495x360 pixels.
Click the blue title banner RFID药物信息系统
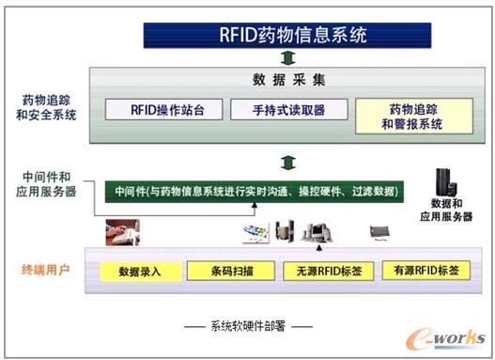point(286,36)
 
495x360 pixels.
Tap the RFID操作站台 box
point(163,110)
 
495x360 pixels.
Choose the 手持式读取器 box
point(290,110)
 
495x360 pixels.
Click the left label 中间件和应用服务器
point(47,182)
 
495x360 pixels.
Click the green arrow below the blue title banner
point(286,57)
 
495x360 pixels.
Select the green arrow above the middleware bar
point(286,161)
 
